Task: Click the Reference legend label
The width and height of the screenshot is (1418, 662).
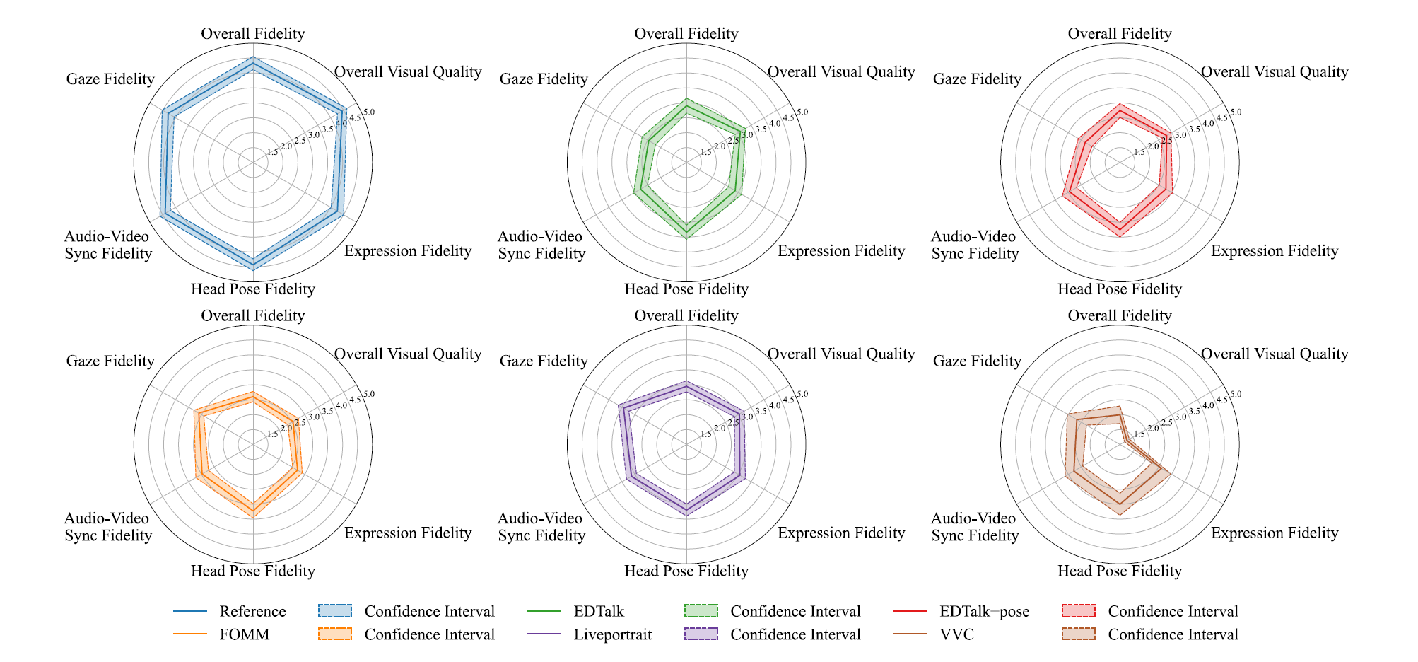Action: pyautogui.click(x=252, y=612)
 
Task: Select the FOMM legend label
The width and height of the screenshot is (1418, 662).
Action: pyautogui.click(x=244, y=635)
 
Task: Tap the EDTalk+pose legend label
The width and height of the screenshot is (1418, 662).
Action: pyautogui.click(x=984, y=612)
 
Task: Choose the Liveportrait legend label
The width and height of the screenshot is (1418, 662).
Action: pyautogui.click(x=612, y=635)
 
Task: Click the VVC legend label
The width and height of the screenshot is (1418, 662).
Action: pyautogui.click(x=956, y=635)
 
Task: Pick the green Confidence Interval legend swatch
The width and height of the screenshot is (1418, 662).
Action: pyautogui.click(x=701, y=612)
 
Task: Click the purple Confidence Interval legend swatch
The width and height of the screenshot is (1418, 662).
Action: pyautogui.click(x=701, y=635)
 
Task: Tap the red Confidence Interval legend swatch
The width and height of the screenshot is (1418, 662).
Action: pyautogui.click(x=1078, y=612)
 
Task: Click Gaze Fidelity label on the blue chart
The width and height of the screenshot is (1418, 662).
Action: pyautogui.click(x=110, y=79)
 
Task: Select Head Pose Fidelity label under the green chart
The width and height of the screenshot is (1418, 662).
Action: pyautogui.click(x=686, y=289)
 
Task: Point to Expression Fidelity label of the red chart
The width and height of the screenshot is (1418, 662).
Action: pyautogui.click(x=1274, y=251)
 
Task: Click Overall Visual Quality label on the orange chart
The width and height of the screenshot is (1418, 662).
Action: pyautogui.click(x=407, y=354)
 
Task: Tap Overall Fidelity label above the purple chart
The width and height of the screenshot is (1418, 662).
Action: pyautogui.click(x=686, y=316)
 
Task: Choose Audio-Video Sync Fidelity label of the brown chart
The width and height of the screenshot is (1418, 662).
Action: pyautogui.click(x=974, y=528)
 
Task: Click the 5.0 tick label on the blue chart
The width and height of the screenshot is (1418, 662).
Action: pyautogui.click(x=368, y=112)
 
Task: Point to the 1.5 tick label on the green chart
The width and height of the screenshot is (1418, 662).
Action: pyautogui.click(x=705, y=152)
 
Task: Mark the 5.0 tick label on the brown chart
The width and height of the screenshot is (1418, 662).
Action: pyautogui.click(x=1235, y=395)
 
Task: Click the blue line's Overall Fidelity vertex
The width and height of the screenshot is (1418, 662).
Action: pyautogui.click(x=253, y=64)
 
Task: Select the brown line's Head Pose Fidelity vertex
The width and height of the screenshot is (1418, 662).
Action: pyautogui.click(x=1120, y=504)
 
